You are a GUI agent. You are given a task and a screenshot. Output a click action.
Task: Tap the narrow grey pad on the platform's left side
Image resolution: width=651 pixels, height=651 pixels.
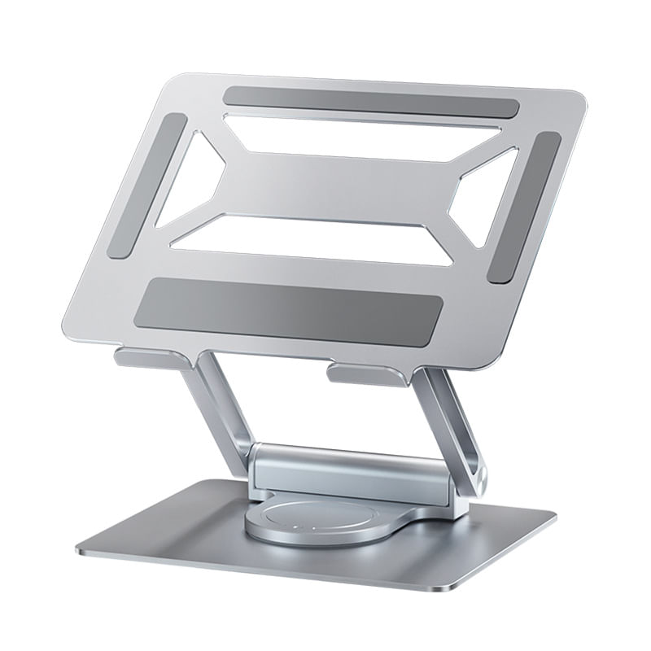[147, 186]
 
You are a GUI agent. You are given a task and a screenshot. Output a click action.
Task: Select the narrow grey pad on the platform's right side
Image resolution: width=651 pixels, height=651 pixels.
[524, 208]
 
